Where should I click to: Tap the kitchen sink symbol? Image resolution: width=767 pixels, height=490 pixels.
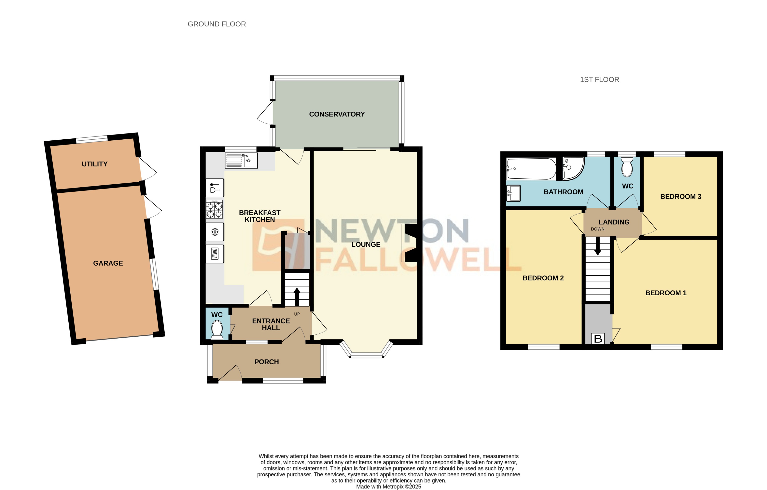coord(241,160)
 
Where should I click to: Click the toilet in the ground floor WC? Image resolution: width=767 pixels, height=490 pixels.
coord(217,330)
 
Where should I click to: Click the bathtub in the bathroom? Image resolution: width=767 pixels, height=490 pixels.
coord(531,169)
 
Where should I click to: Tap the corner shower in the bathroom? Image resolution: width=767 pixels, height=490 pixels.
coord(573,168)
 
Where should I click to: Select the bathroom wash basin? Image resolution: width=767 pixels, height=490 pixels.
coord(513,193)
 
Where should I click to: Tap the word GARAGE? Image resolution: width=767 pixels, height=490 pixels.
coord(108,263)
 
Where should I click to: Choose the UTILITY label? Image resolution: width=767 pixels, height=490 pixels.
coord(95,164)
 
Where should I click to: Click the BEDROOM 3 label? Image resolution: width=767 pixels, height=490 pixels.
coord(680,197)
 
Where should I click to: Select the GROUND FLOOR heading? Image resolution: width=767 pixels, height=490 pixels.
coord(217,24)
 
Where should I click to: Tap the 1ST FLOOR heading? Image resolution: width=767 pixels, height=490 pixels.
coord(599,80)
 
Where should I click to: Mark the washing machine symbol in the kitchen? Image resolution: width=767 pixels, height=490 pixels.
coord(215,254)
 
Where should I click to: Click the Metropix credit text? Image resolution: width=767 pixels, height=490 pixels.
coord(388,486)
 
